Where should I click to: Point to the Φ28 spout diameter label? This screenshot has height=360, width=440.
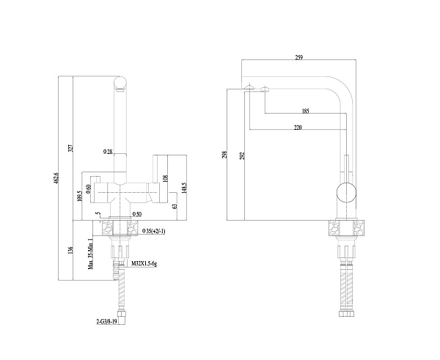(x=108, y=152)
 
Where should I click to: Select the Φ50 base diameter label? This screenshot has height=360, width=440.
(x=136, y=213)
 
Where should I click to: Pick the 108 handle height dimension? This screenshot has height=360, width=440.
(x=166, y=177)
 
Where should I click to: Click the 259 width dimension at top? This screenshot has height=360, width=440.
(x=299, y=58)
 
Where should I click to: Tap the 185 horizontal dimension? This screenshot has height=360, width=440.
(x=304, y=111)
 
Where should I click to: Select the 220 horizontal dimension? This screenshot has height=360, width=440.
(x=296, y=128)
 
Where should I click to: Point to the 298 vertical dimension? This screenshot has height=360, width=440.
(x=224, y=155)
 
